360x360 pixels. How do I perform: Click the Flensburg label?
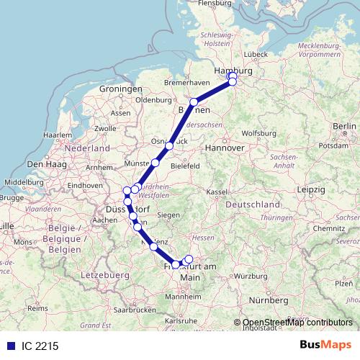pos(217,4)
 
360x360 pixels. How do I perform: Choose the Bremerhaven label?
pos(186,84)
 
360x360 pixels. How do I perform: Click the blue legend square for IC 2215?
pos(6,346)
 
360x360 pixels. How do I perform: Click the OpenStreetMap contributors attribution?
pos(297,323)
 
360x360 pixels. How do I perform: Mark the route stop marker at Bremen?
pos(194,102)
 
